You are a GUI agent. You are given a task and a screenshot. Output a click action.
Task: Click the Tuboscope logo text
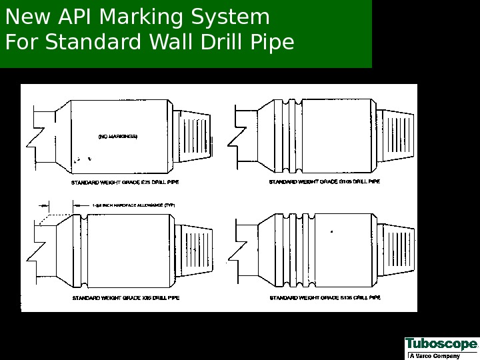(441, 345)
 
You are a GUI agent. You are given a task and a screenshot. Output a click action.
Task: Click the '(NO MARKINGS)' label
(118, 137)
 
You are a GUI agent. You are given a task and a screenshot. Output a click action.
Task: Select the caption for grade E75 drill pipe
(125, 181)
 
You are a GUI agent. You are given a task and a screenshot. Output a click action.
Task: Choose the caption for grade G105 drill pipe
(325, 181)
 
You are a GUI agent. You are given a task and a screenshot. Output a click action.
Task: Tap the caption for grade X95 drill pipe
(125, 297)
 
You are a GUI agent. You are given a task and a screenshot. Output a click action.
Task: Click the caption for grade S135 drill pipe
(325, 297)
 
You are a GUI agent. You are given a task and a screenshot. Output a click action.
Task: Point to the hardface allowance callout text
(133, 206)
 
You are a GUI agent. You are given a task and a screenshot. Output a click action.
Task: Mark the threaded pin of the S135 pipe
(393, 249)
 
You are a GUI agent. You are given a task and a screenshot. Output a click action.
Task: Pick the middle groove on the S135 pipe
(293, 249)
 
